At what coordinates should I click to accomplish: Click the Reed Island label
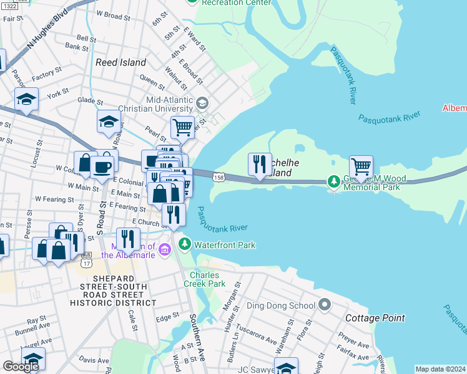[x=121, y=62]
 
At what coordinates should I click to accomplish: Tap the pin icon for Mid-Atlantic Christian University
[x=202, y=103]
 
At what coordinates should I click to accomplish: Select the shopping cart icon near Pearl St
[x=182, y=127]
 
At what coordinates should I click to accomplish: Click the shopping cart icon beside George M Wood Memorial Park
[x=361, y=166]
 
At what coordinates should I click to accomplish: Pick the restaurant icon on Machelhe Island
[x=260, y=164]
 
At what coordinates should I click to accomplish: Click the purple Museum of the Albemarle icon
[x=165, y=250]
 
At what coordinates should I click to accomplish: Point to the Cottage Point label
[x=375, y=318]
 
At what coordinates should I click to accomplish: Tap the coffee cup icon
[x=102, y=166]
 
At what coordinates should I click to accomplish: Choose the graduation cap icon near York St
[x=27, y=98]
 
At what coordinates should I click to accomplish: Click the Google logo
[x=21, y=367]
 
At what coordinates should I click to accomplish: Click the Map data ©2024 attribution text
[x=440, y=369]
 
